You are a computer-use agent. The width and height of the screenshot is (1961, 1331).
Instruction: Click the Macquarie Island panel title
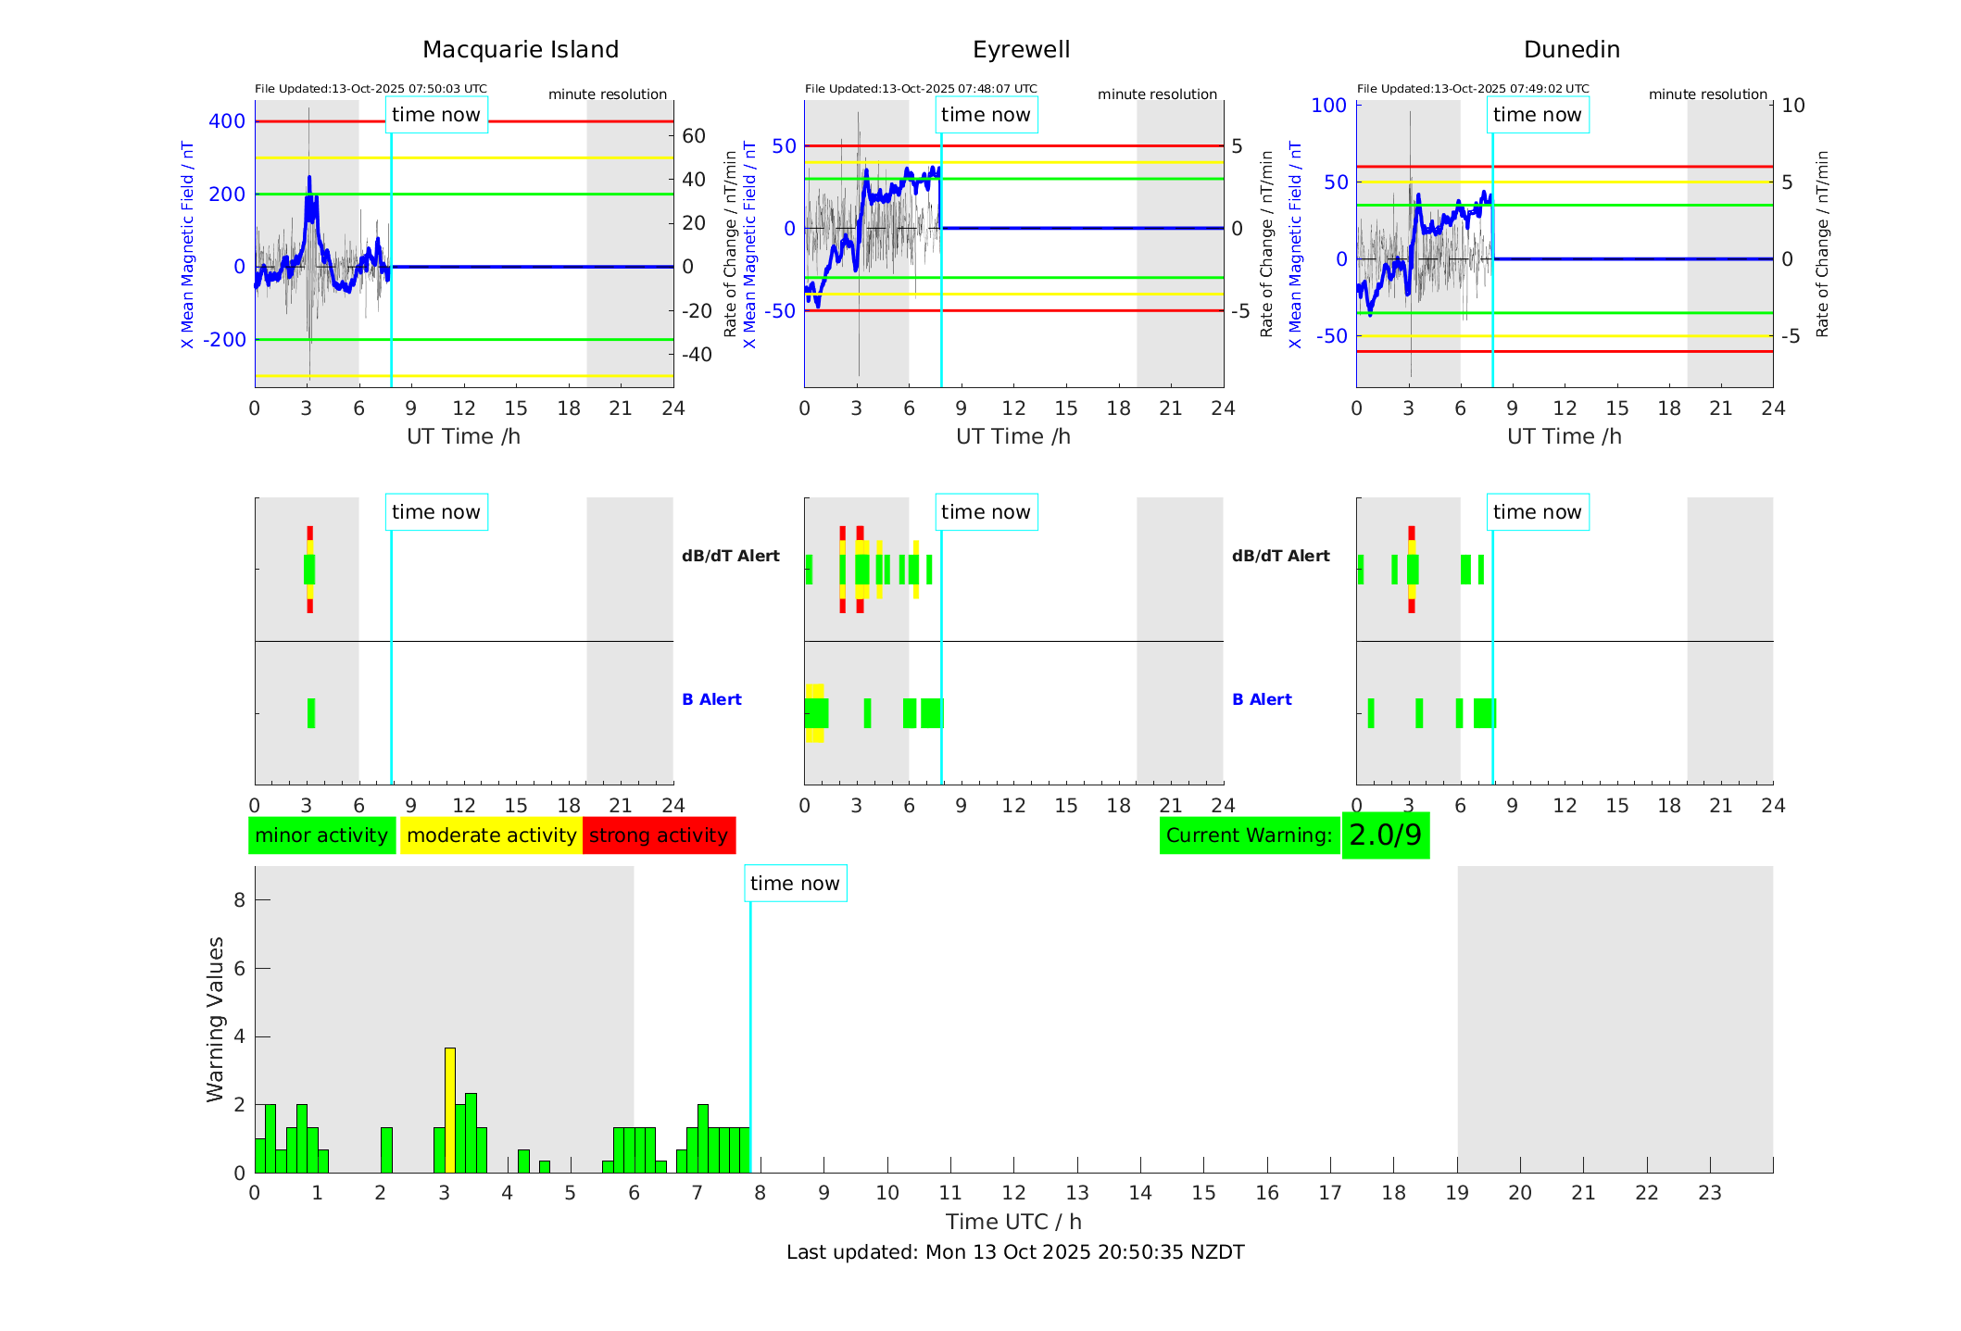click(520, 50)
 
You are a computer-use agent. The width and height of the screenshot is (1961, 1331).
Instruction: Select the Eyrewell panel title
click(1021, 50)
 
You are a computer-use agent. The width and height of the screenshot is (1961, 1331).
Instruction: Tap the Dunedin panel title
click(1571, 50)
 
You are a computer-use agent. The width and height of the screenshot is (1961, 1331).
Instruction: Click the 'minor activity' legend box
click(321, 835)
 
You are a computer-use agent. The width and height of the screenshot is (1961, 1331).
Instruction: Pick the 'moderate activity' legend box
click(491, 835)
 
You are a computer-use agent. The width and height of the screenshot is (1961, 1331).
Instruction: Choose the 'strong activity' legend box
click(659, 835)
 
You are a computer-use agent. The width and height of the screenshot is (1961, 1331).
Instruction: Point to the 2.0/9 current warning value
click(1385, 835)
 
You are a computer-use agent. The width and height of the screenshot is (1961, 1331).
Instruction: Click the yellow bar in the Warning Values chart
click(450, 1110)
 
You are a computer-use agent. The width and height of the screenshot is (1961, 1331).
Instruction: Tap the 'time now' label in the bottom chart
click(795, 884)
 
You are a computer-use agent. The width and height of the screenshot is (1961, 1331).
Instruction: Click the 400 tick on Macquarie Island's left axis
click(227, 121)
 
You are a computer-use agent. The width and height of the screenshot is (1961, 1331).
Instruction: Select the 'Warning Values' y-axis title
click(216, 1019)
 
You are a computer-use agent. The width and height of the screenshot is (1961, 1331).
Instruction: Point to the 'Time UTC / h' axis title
click(1013, 1222)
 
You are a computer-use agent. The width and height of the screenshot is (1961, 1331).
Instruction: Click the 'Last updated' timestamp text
click(1015, 1252)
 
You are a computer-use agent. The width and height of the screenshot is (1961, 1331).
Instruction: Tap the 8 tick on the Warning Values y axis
click(239, 899)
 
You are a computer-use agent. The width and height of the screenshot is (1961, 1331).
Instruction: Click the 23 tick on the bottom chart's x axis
click(1709, 1193)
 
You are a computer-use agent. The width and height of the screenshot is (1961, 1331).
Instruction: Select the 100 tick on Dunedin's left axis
click(1329, 106)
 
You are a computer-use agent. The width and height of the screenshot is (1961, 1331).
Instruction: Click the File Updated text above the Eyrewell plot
click(921, 89)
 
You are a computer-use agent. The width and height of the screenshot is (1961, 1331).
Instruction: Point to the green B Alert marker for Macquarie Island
click(311, 713)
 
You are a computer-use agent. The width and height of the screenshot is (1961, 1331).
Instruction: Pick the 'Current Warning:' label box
click(1249, 835)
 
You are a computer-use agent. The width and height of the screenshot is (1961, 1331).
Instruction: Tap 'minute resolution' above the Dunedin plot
click(1707, 94)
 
